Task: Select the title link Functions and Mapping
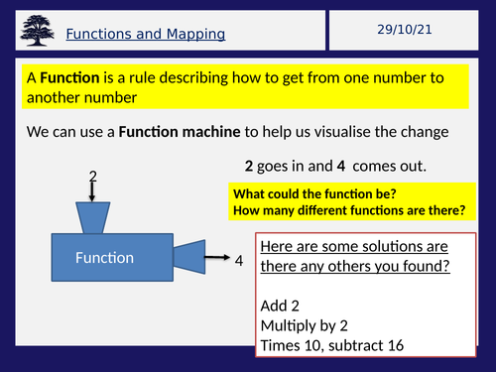146,35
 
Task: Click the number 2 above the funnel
93,177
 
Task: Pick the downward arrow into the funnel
93,193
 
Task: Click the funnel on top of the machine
94,218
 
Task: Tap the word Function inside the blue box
104,258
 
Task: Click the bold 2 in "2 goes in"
249,166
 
